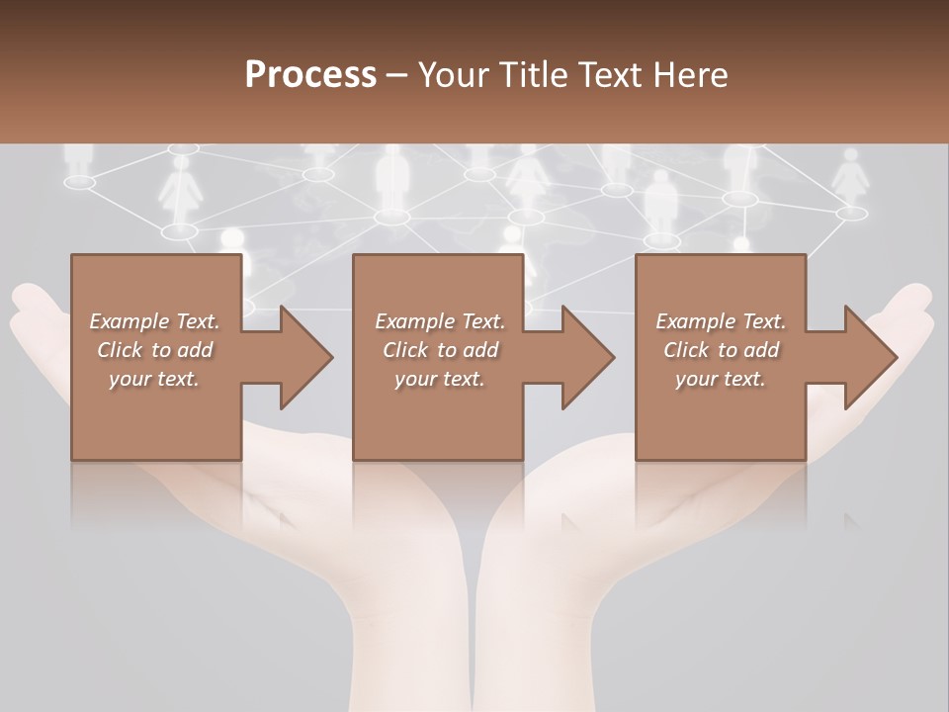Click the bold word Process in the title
[310, 75]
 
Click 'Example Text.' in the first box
[155, 321]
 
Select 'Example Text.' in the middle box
[440, 321]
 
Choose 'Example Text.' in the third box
[721, 321]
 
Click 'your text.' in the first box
[154, 380]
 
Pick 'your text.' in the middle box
[440, 380]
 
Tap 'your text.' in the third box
[721, 380]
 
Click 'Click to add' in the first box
[155, 351]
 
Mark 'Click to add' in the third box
[721, 351]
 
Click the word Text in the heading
[614, 75]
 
